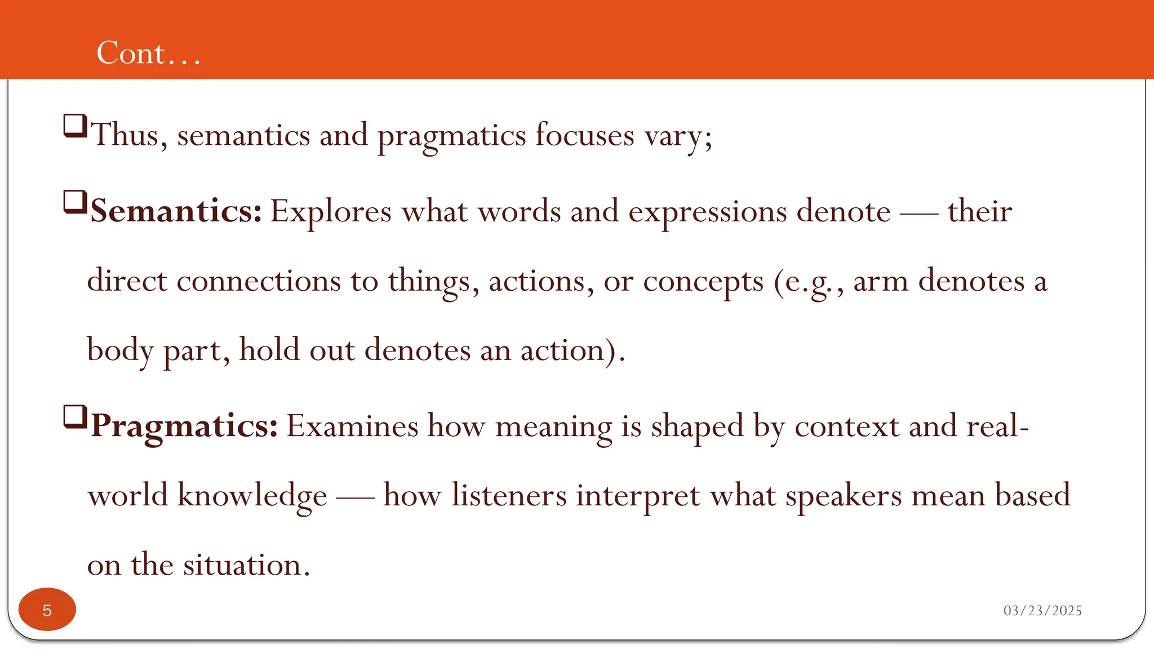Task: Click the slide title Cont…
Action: click(x=148, y=53)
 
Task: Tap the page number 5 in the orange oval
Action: click(x=47, y=610)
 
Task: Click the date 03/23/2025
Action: click(x=1042, y=611)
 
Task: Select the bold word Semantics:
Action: click(x=176, y=211)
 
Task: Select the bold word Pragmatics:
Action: click(x=184, y=426)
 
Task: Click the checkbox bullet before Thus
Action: click(x=75, y=126)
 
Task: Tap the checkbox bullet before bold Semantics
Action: click(x=75, y=202)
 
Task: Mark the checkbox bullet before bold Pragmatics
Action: click(x=75, y=417)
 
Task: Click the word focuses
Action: click(x=584, y=135)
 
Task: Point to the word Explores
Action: click(x=331, y=212)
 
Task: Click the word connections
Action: click(x=259, y=281)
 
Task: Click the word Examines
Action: click(x=352, y=426)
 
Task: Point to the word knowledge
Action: click(x=252, y=496)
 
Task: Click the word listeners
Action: click(x=508, y=496)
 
